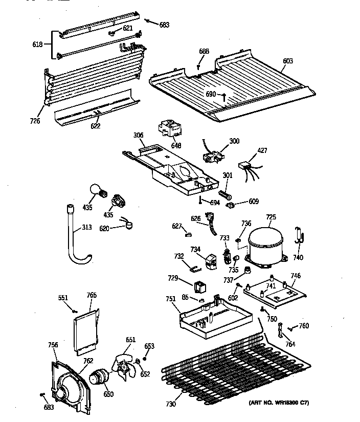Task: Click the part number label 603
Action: [288, 61]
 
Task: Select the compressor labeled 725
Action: [266, 244]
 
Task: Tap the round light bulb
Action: [96, 190]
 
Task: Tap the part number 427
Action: [262, 150]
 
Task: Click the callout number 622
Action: [95, 125]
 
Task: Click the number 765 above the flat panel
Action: [91, 295]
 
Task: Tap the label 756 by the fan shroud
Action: [53, 345]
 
